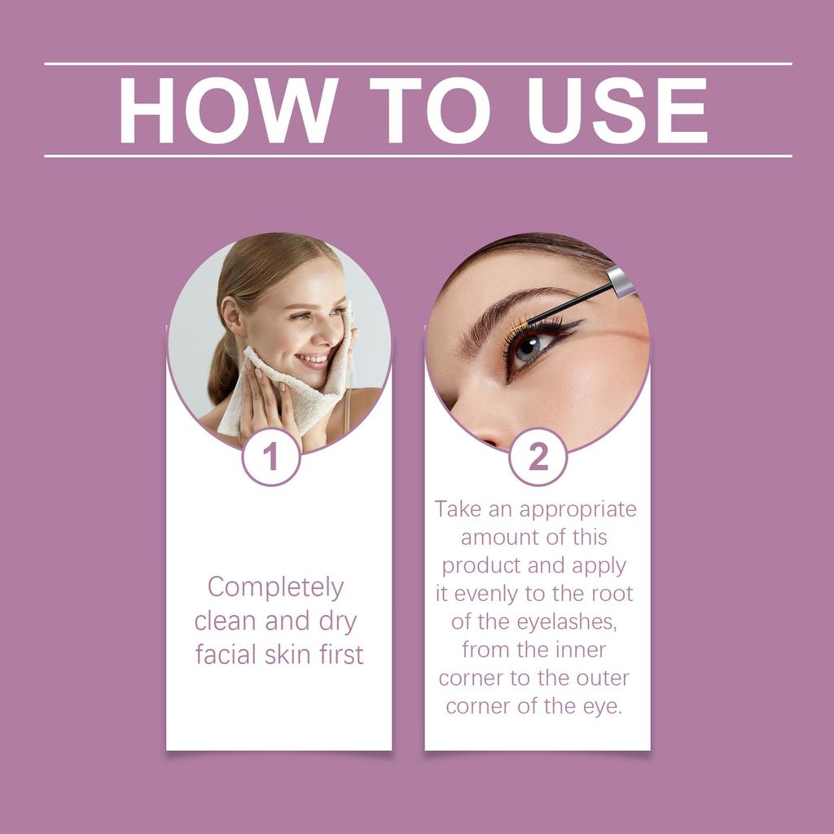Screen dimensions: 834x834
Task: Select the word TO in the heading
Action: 429,111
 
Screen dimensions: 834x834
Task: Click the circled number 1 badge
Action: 271,457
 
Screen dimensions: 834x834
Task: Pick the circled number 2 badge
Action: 538,457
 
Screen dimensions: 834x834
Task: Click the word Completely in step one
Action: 275,587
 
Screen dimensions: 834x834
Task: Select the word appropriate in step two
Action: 578,510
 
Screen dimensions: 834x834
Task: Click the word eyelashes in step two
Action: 568,622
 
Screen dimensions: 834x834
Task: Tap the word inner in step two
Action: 578,650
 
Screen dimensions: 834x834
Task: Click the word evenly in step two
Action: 489,594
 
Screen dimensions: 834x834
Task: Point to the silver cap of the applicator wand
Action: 622,282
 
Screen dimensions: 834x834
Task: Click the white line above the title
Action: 417,64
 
